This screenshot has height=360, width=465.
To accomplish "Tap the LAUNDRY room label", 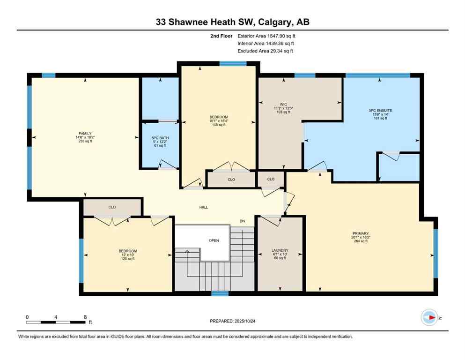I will [x=280, y=250].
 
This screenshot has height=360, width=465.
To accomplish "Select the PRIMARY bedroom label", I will [x=361, y=233].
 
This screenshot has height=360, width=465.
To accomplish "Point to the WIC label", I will [x=283, y=104].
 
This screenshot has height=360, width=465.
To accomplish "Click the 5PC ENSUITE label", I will [x=380, y=111].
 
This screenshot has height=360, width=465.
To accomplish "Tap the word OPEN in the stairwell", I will [x=214, y=240].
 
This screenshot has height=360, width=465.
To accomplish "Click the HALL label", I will [x=204, y=207].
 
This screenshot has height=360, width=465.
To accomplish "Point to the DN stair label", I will [x=242, y=221].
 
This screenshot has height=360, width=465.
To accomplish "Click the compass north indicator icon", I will [x=428, y=317].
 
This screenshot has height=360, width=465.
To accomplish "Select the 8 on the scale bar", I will [x=85, y=317].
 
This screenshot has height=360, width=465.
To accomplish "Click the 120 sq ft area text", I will [x=128, y=259].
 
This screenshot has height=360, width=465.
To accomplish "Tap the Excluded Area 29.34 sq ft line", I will [x=266, y=51].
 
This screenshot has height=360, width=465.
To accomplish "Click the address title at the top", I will [x=232, y=22].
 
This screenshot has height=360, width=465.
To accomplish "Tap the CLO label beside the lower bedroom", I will [x=112, y=207].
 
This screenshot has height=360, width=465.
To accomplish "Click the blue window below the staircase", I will [x=220, y=293].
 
